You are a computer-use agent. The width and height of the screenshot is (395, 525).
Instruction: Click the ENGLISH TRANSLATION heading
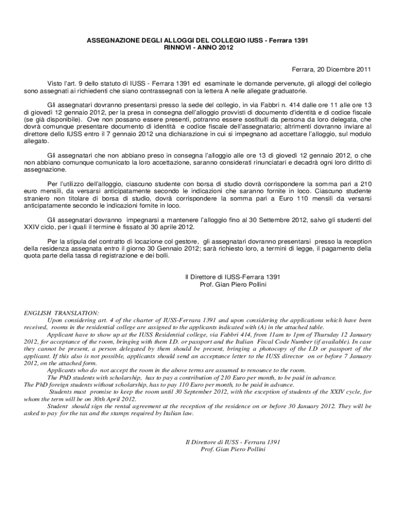coord(62,313)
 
